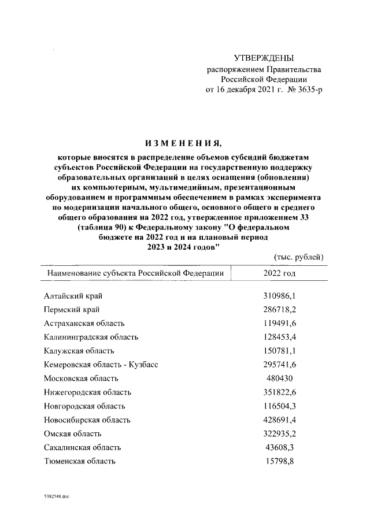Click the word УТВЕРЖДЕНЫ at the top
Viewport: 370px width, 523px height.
[x=264, y=58]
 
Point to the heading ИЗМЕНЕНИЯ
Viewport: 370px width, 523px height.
[x=183, y=142]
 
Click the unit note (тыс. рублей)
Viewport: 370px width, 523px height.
[x=297, y=257]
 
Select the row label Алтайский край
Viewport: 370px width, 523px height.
[x=74, y=296]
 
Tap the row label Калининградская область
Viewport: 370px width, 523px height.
[x=91, y=337]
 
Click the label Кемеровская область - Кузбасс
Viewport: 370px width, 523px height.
[x=101, y=365]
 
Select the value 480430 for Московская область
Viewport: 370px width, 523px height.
[x=280, y=378]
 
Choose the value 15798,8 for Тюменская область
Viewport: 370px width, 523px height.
[x=280, y=461]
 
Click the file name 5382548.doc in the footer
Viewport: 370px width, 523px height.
[x=56, y=496]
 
